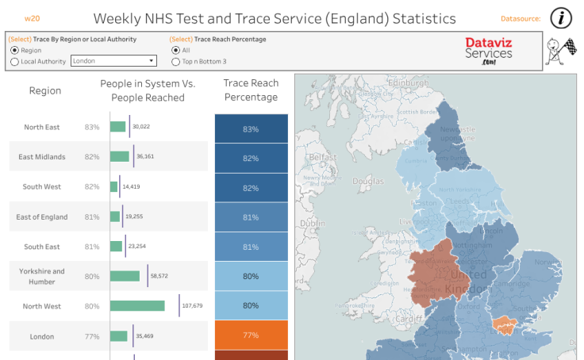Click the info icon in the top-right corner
562,17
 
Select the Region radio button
14,50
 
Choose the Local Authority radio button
14,61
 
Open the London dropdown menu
113,60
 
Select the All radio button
176,50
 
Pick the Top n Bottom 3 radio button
176,61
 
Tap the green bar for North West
137,305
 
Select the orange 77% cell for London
251,335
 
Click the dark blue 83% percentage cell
251,128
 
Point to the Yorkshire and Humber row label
43,276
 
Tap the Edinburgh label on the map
409,82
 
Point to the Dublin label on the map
312,224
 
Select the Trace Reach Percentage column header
251,90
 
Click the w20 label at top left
32,17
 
